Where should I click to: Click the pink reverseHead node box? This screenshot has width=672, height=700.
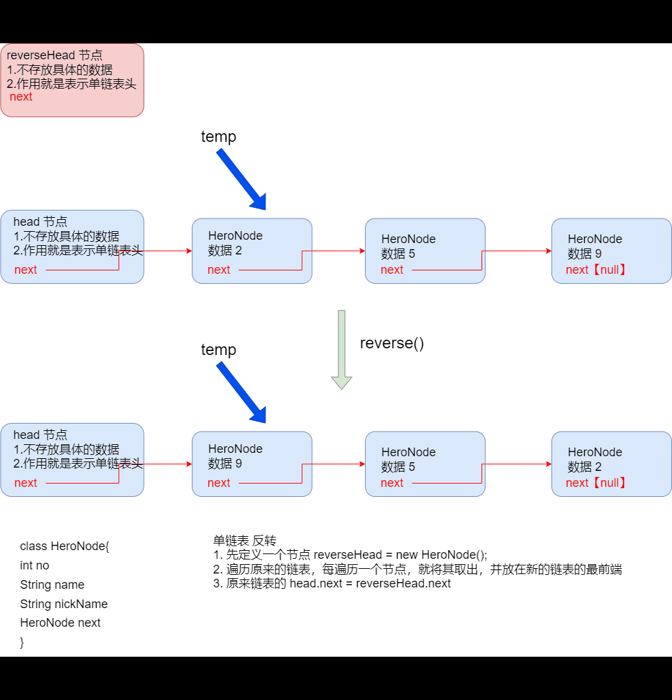click(72, 80)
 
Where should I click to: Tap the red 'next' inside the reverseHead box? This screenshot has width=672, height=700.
click(21, 97)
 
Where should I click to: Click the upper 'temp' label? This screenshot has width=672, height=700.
click(218, 137)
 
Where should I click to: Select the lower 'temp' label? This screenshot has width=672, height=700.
click(218, 350)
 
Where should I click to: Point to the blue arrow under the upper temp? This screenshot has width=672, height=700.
click(242, 178)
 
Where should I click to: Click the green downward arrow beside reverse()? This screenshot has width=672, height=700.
click(342, 349)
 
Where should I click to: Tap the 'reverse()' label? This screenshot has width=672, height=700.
click(392, 343)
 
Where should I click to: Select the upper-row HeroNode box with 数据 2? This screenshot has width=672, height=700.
click(252, 250)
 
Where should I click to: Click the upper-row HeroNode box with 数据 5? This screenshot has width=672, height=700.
click(425, 250)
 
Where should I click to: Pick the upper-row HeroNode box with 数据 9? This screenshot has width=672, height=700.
click(611, 250)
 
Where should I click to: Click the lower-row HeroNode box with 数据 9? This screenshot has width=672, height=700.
click(252, 464)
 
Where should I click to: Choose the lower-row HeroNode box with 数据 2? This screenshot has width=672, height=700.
click(611, 464)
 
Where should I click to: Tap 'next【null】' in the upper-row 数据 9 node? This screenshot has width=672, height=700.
click(597, 270)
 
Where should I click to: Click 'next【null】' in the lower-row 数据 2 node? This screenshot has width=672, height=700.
click(597, 483)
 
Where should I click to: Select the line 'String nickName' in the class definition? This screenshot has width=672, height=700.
click(64, 604)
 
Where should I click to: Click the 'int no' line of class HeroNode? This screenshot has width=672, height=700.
click(35, 565)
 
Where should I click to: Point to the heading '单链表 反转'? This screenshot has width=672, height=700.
click(244, 540)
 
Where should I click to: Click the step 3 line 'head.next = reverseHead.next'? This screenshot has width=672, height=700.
click(332, 583)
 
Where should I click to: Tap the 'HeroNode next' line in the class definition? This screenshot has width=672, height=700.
click(61, 623)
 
